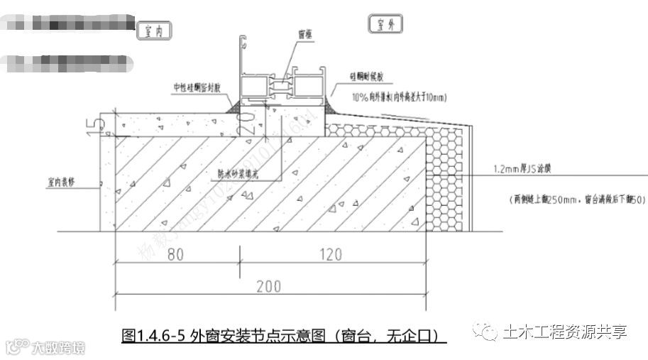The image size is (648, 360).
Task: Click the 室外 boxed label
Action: pyautogui.click(x=385, y=25)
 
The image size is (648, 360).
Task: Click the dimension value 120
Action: pyautogui.click(x=329, y=254)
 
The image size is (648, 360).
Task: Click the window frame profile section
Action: pyautogui.click(x=284, y=85)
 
